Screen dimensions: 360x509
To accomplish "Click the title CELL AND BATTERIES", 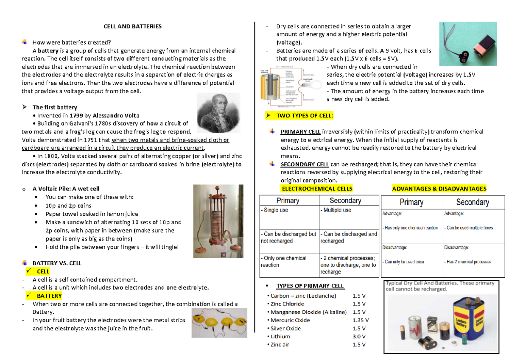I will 133,26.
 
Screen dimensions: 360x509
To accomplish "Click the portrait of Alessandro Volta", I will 218,114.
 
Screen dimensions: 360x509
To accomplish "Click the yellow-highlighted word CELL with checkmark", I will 43,271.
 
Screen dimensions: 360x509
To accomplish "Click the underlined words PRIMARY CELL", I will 300,132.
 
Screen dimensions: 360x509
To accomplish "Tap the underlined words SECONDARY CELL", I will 304,165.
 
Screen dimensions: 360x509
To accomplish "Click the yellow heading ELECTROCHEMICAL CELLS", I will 317,189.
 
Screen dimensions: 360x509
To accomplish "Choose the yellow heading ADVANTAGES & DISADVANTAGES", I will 439,189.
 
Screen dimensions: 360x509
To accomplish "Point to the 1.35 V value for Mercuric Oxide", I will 361,321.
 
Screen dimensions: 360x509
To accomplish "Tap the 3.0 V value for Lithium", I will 359,337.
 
